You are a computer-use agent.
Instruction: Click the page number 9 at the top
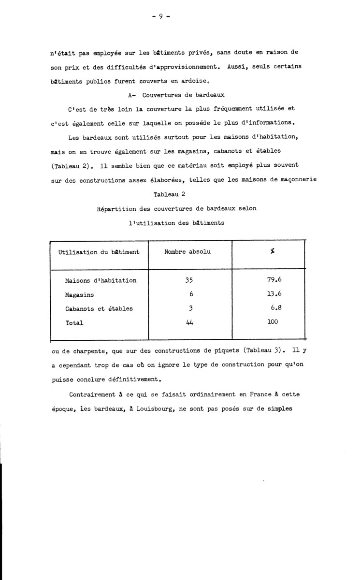coord(160,15)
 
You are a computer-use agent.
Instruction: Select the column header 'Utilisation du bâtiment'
coord(99,252)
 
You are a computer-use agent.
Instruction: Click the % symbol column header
coord(273,252)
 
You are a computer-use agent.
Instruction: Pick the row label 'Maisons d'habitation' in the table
coord(101,280)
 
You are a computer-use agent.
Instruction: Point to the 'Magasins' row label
coord(79,294)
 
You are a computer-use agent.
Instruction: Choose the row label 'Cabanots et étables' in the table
coord(99,308)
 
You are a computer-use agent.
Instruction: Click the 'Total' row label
coord(74,322)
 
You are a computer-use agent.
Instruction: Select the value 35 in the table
coord(189,280)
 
